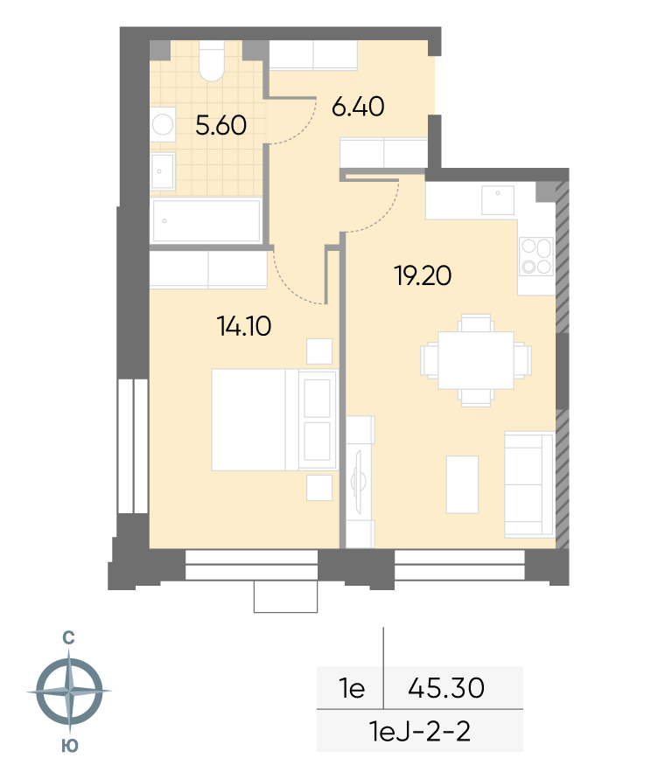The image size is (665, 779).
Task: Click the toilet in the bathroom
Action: [212, 60]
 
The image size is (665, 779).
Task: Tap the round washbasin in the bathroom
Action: [163, 124]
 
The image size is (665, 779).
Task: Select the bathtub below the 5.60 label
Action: [206, 221]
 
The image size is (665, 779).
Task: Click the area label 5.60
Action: [220, 125]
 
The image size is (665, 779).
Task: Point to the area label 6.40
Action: [358, 107]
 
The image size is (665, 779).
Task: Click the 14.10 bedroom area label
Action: [244, 326]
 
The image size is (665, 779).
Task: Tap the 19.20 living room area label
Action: [423, 275]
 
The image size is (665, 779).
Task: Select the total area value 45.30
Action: [446, 688]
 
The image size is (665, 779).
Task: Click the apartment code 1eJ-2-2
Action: [420, 731]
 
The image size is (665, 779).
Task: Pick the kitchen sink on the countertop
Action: [498, 199]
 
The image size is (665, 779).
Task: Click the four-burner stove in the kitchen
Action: [536, 256]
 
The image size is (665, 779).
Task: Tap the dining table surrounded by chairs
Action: [476, 360]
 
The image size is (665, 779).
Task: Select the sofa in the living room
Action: [529, 485]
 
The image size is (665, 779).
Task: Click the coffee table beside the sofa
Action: [463, 484]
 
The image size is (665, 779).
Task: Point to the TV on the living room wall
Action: [359, 481]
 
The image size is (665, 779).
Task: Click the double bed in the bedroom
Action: [275, 420]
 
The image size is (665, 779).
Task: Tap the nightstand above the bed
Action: [319, 351]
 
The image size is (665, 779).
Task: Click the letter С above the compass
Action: [68, 638]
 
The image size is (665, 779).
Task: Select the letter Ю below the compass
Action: [70, 746]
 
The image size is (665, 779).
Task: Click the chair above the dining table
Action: [476, 323]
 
